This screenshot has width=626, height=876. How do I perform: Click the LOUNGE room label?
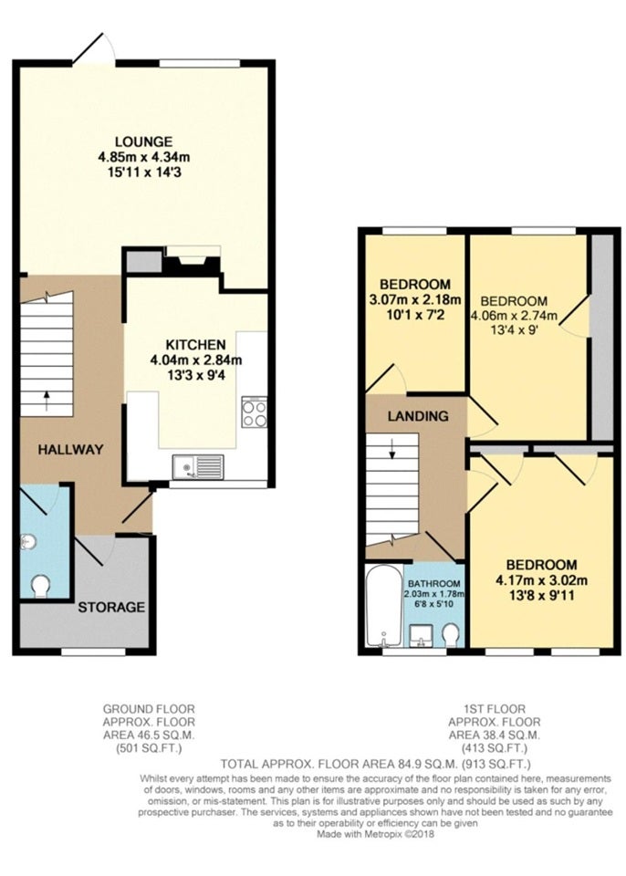pos(143,142)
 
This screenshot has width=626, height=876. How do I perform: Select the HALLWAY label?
pos(70,449)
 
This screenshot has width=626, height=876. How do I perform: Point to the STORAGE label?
pos(111,608)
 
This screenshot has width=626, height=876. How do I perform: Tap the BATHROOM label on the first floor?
pos(434,584)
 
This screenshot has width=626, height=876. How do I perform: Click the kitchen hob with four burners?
pos(255,412)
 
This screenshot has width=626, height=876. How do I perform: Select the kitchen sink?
pos(198,466)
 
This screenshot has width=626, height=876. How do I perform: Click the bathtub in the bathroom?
pos(383,606)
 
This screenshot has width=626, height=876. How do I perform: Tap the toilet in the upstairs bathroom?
pos(450,635)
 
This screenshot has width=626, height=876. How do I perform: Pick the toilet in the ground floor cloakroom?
pos(41,587)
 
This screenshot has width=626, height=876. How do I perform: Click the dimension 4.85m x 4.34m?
pos(143,157)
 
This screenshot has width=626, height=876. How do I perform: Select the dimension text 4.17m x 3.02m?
pos(542,580)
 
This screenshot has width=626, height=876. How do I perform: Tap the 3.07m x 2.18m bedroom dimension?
pos(415,300)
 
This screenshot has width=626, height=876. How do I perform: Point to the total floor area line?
pos(376,764)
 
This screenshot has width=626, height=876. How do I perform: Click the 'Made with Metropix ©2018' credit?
pos(376,835)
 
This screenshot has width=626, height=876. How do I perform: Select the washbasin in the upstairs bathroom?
pos(421,636)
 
